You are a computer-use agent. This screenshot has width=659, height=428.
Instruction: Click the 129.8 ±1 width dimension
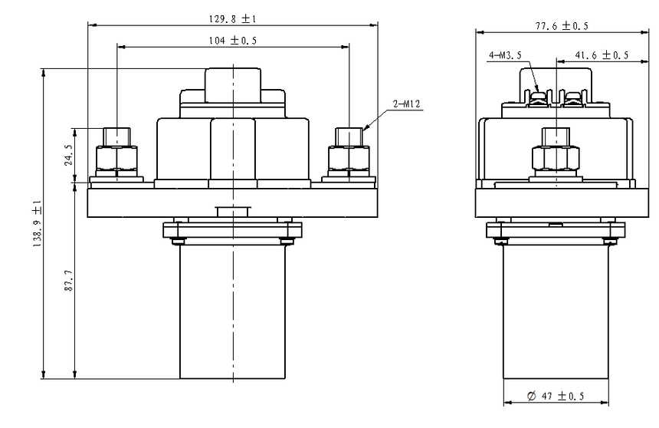(232, 18)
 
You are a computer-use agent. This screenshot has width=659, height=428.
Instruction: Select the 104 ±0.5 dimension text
(233, 41)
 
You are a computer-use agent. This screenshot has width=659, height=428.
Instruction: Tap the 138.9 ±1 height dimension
(38, 223)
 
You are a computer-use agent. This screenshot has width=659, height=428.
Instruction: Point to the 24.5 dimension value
(68, 155)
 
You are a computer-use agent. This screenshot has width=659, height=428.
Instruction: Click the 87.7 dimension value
(68, 281)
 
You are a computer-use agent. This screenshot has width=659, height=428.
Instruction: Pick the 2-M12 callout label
(406, 104)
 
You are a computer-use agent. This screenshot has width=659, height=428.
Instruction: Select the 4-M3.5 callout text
(505, 55)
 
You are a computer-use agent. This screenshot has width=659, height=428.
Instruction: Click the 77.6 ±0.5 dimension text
(562, 25)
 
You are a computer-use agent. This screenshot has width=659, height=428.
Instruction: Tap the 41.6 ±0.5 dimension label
(602, 55)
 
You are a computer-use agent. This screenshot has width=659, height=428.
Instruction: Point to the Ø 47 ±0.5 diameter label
(556, 396)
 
